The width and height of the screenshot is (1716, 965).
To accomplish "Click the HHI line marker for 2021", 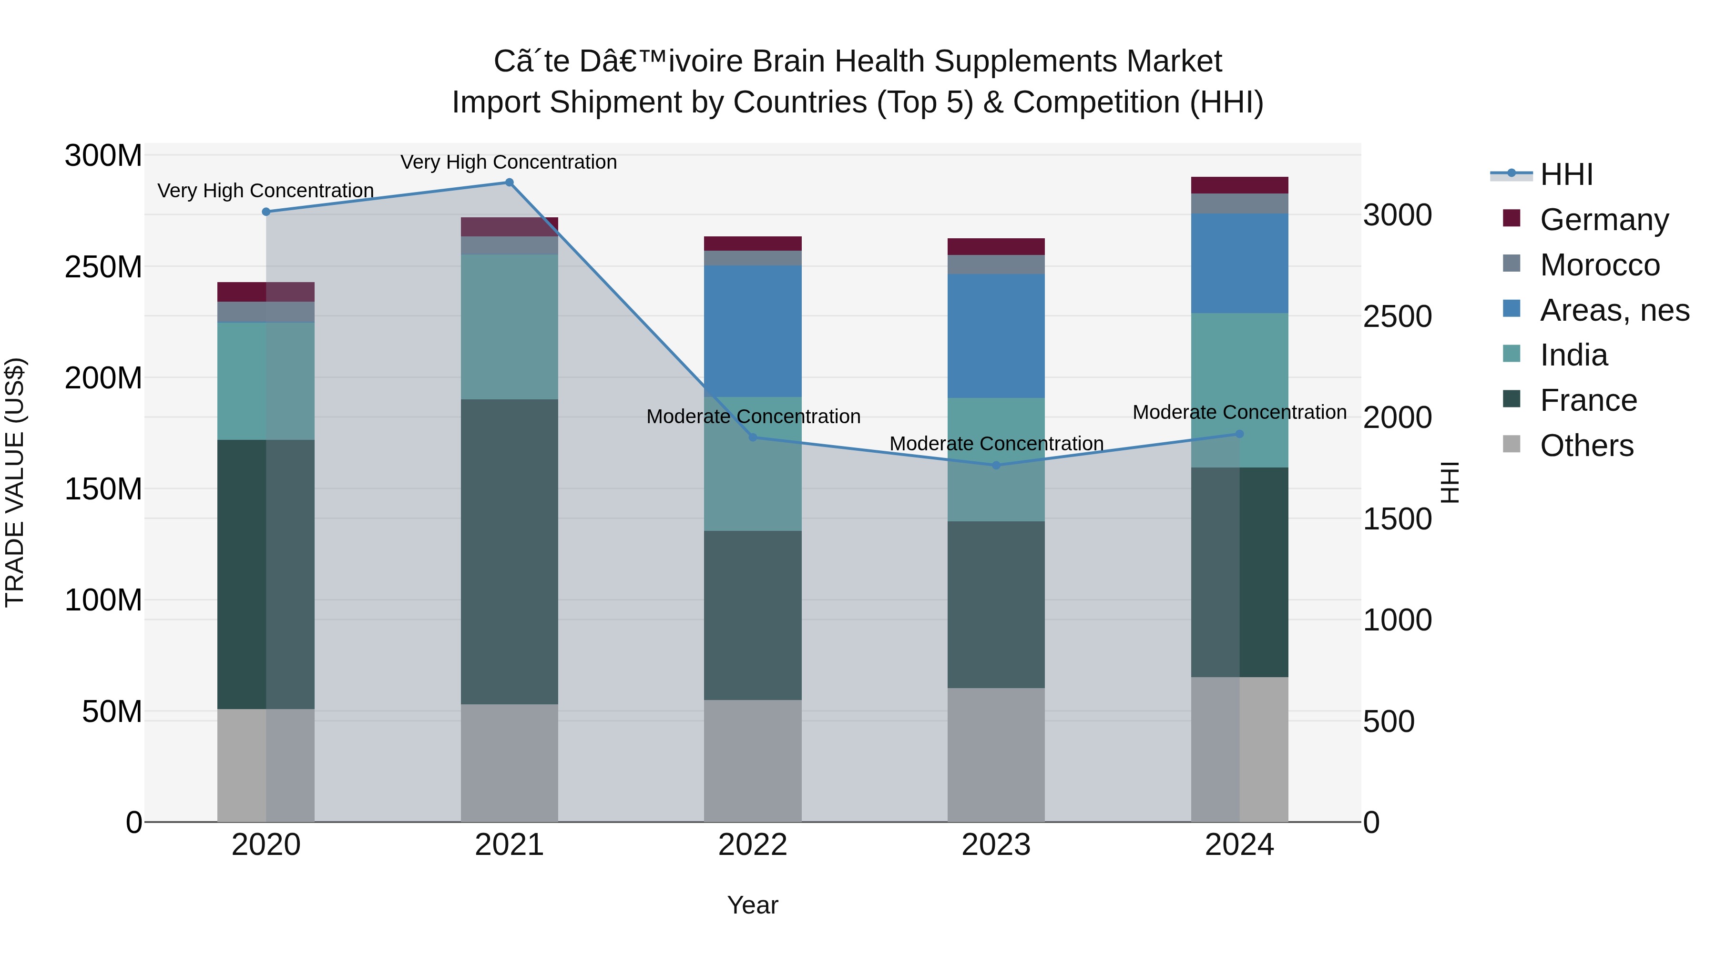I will [x=509, y=183].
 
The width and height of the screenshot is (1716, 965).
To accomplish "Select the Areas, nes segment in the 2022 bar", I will [x=753, y=331].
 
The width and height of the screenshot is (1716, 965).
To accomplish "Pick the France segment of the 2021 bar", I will [x=509, y=551].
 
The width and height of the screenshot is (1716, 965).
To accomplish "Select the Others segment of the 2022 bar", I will [x=753, y=761].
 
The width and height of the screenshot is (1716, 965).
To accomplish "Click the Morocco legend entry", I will [x=1599, y=265].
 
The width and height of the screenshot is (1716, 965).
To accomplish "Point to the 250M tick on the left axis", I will [x=103, y=267].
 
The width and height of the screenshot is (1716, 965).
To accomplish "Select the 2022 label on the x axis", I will [x=753, y=845].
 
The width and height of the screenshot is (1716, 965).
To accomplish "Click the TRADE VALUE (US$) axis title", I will [x=15, y=482].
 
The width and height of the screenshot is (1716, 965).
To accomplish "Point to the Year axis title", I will [x=753, y=905].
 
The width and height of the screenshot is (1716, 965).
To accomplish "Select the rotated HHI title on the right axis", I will [x=1450, y=482].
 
